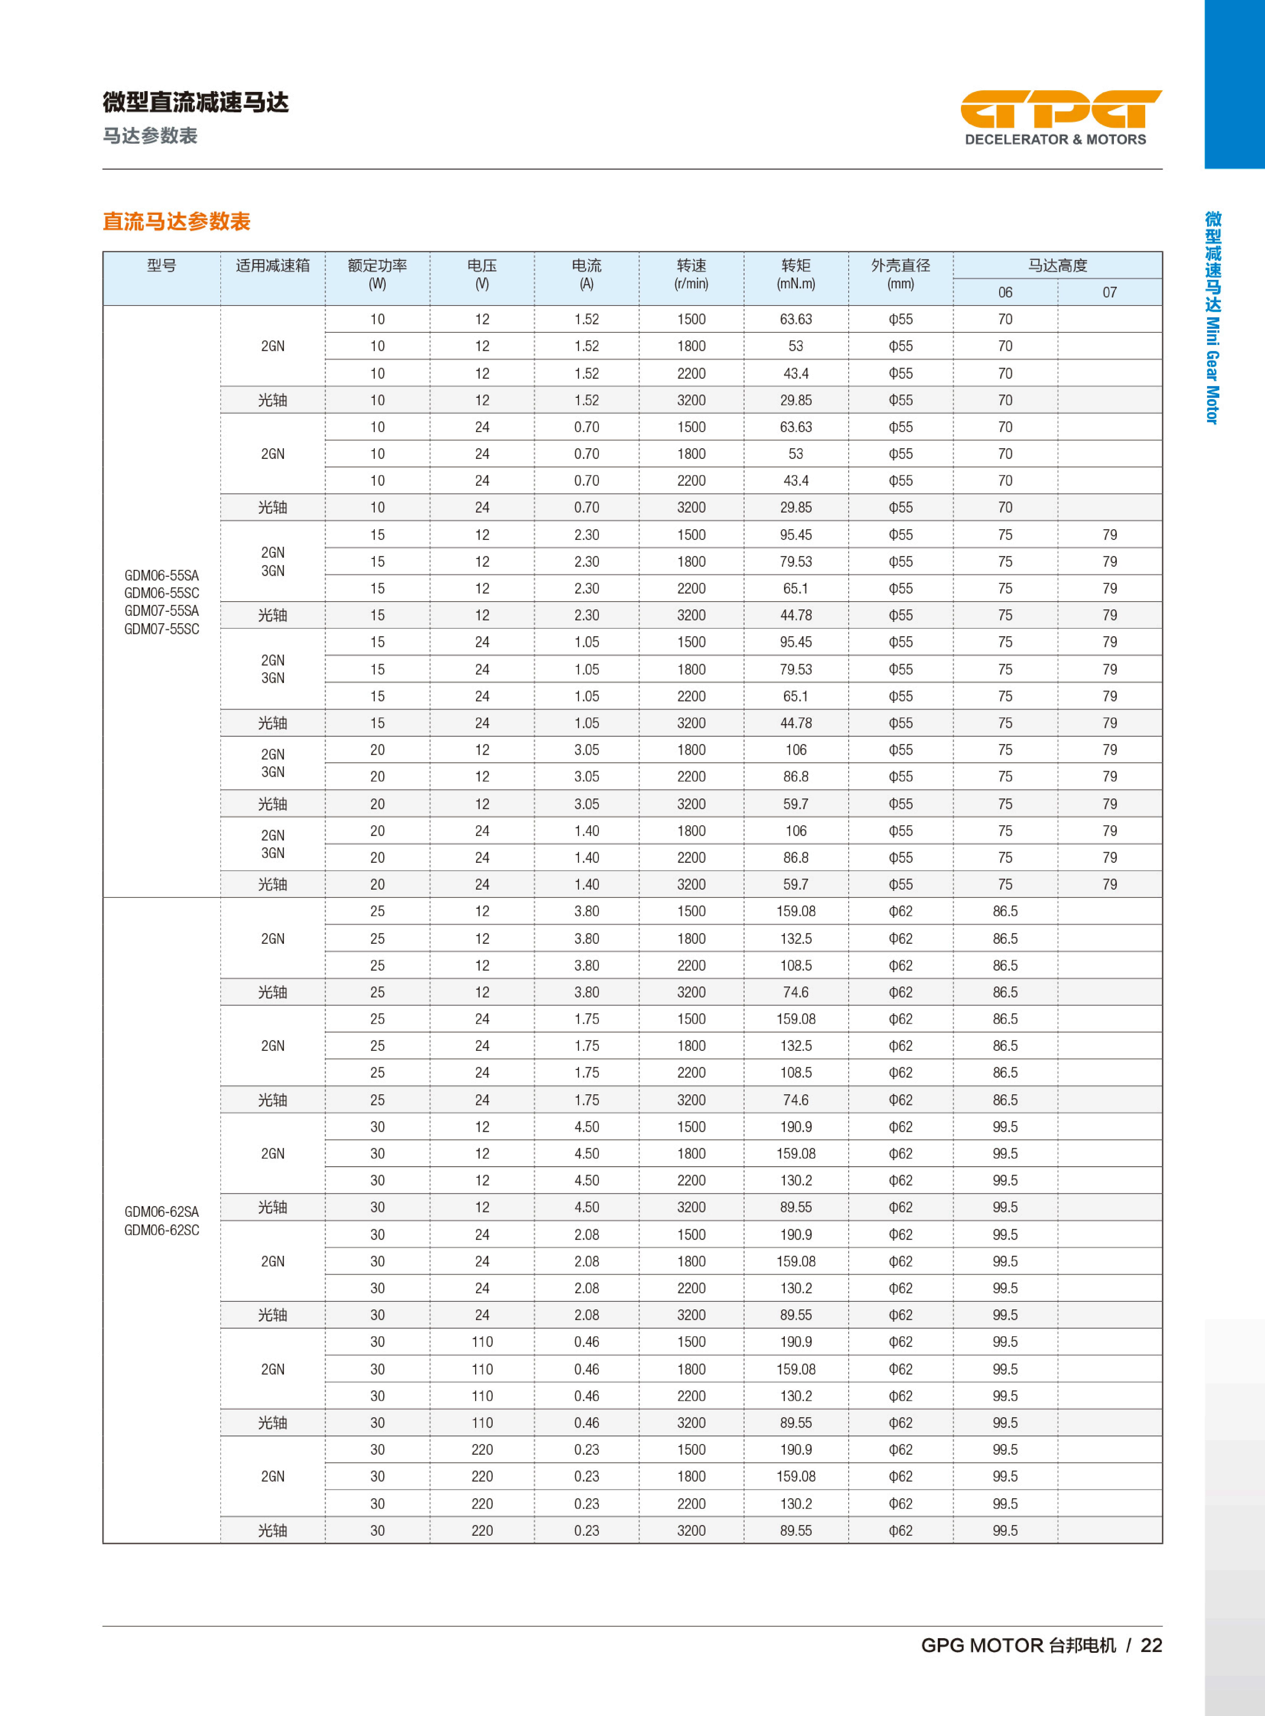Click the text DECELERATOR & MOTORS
1055,139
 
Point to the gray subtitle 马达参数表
150,135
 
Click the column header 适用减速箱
272,266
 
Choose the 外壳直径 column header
901,266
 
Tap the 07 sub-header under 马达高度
1110,293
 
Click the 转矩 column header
796,266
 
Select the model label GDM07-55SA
161,611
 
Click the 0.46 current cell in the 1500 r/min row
587,1342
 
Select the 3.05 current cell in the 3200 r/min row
587,804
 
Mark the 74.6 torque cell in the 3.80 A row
796,992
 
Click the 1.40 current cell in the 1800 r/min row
587,831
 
